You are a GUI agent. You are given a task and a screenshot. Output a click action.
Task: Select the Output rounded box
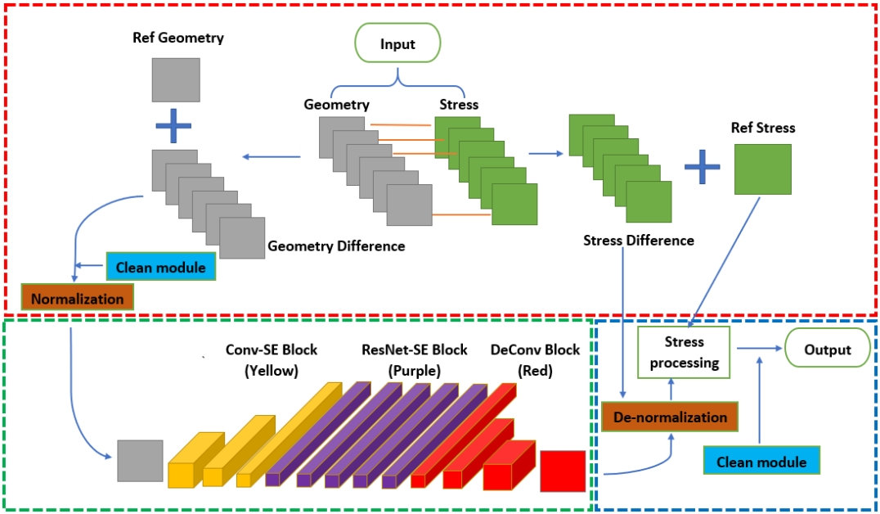tap(827, 349)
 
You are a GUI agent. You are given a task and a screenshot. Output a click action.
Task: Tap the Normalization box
tap(78, 299)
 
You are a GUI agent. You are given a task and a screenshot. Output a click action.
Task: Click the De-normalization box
tap(670, 417)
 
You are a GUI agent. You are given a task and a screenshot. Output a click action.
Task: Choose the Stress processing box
tap(685, 352)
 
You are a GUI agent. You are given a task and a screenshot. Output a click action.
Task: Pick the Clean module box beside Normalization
tap(160, 267)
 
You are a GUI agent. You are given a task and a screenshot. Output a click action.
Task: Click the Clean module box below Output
tap(761, 462)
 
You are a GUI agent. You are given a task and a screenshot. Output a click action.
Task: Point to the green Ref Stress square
tap(762, 169)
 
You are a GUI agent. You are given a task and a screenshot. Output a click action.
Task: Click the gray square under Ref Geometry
tap(176, 79)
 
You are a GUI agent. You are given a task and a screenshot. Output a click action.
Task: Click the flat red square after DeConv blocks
tap(562, 471)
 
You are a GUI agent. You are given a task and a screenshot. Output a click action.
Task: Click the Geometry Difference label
tap(335, 246)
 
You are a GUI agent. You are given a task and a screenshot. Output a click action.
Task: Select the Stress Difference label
tap(638, 241)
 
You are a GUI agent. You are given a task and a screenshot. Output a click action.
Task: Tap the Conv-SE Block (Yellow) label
tap(272, 360)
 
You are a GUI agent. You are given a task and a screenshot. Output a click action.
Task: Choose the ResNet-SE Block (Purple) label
tap(415, 360)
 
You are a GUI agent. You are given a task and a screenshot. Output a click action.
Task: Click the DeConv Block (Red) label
tap(535, 360)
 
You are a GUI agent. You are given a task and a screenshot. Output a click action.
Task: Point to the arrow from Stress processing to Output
tap(760, 349)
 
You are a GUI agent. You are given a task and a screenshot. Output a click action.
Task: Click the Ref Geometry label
tap(177, 38)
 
